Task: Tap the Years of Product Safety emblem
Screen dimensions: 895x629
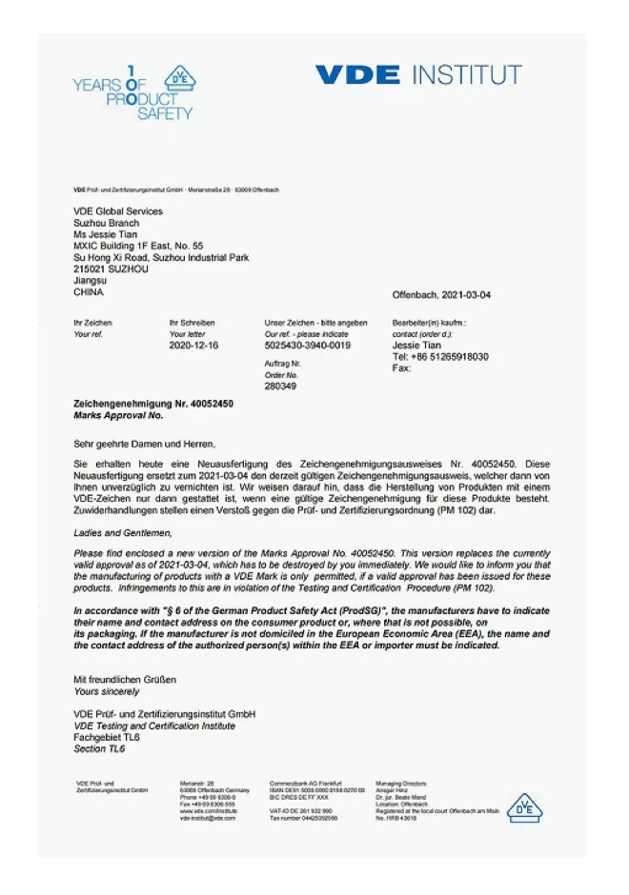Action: pyautogui.click(x=133, y=92)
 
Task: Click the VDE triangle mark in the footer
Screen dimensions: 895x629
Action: pyautogui.click(x=523, y=807)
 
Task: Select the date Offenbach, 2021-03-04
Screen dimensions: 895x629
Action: pyautogui.click(x=441, y=295)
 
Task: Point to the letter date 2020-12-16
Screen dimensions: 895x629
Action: pyautogui.click(x=193, y=346)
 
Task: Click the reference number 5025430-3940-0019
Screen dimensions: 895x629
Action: pyautogui.click(x=307, y=346)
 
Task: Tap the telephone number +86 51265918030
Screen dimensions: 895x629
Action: pyautogui.click(x=440, y=357)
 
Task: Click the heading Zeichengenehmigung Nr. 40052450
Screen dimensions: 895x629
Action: pyautogui.click(x=153, y=405)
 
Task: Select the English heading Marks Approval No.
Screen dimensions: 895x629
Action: pyautogui.click(x=118, y=416)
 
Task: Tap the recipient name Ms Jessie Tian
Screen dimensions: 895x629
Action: pyautogui.click(x=107, y=234)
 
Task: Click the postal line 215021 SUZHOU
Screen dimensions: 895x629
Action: pyautogui.click(x=111, y=269)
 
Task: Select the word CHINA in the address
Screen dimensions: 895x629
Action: pyautogui.click(x=89, y=292)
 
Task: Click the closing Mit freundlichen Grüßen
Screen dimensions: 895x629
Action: pyautogui.click(x=125, y=680)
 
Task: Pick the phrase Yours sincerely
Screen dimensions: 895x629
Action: pyautogui.click(x=108, y=691)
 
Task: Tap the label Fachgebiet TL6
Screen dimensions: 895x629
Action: pyautogui.click(x=107, y=738)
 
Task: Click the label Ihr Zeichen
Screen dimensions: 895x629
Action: pyautogui.click(x=92, y=324)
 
